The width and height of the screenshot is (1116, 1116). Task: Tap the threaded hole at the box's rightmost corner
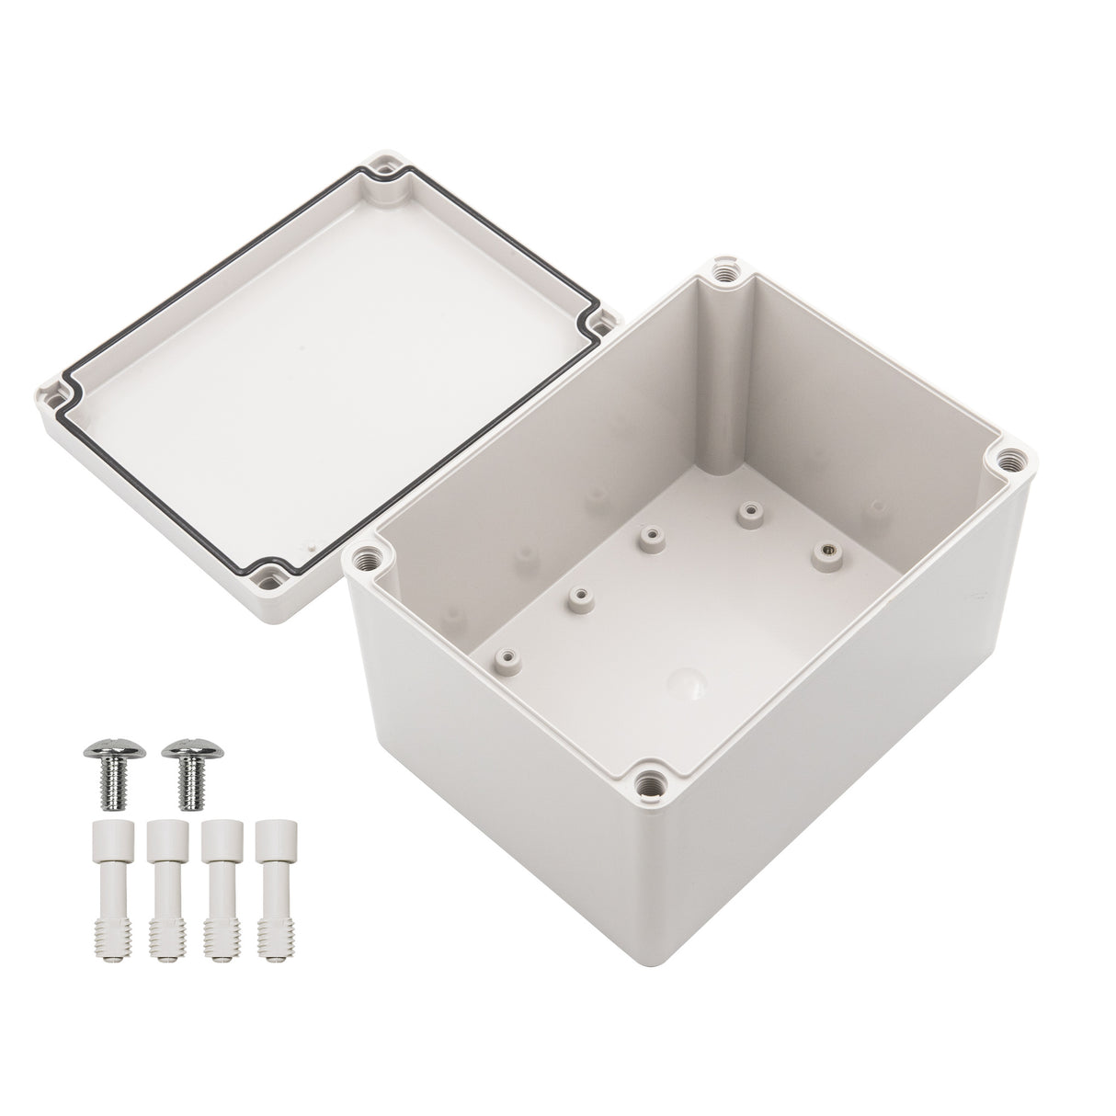(x=1010, y=456)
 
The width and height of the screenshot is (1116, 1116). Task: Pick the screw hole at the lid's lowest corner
(x=272, y=576)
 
